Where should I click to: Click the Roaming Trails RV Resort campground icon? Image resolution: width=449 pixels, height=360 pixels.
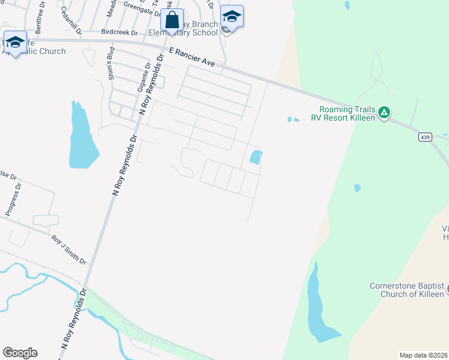(x=385, y=112)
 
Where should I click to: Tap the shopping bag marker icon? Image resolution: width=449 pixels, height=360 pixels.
(x=172, y=20)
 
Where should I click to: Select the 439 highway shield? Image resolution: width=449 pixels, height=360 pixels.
(x=425, y=137)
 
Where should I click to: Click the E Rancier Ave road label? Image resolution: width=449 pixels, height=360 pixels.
(x=191, y=57)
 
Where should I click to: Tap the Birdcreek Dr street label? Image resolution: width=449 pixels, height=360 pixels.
(x=119, y=31)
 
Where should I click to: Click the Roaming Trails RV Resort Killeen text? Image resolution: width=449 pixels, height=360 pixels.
(x=343, y=113)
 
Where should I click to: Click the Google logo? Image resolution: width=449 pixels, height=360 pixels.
(x=20, y=353)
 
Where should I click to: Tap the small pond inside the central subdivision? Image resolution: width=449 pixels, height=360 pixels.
(x=255, y=157)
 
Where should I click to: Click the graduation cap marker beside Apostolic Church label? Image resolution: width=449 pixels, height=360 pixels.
(x=15, y=43)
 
